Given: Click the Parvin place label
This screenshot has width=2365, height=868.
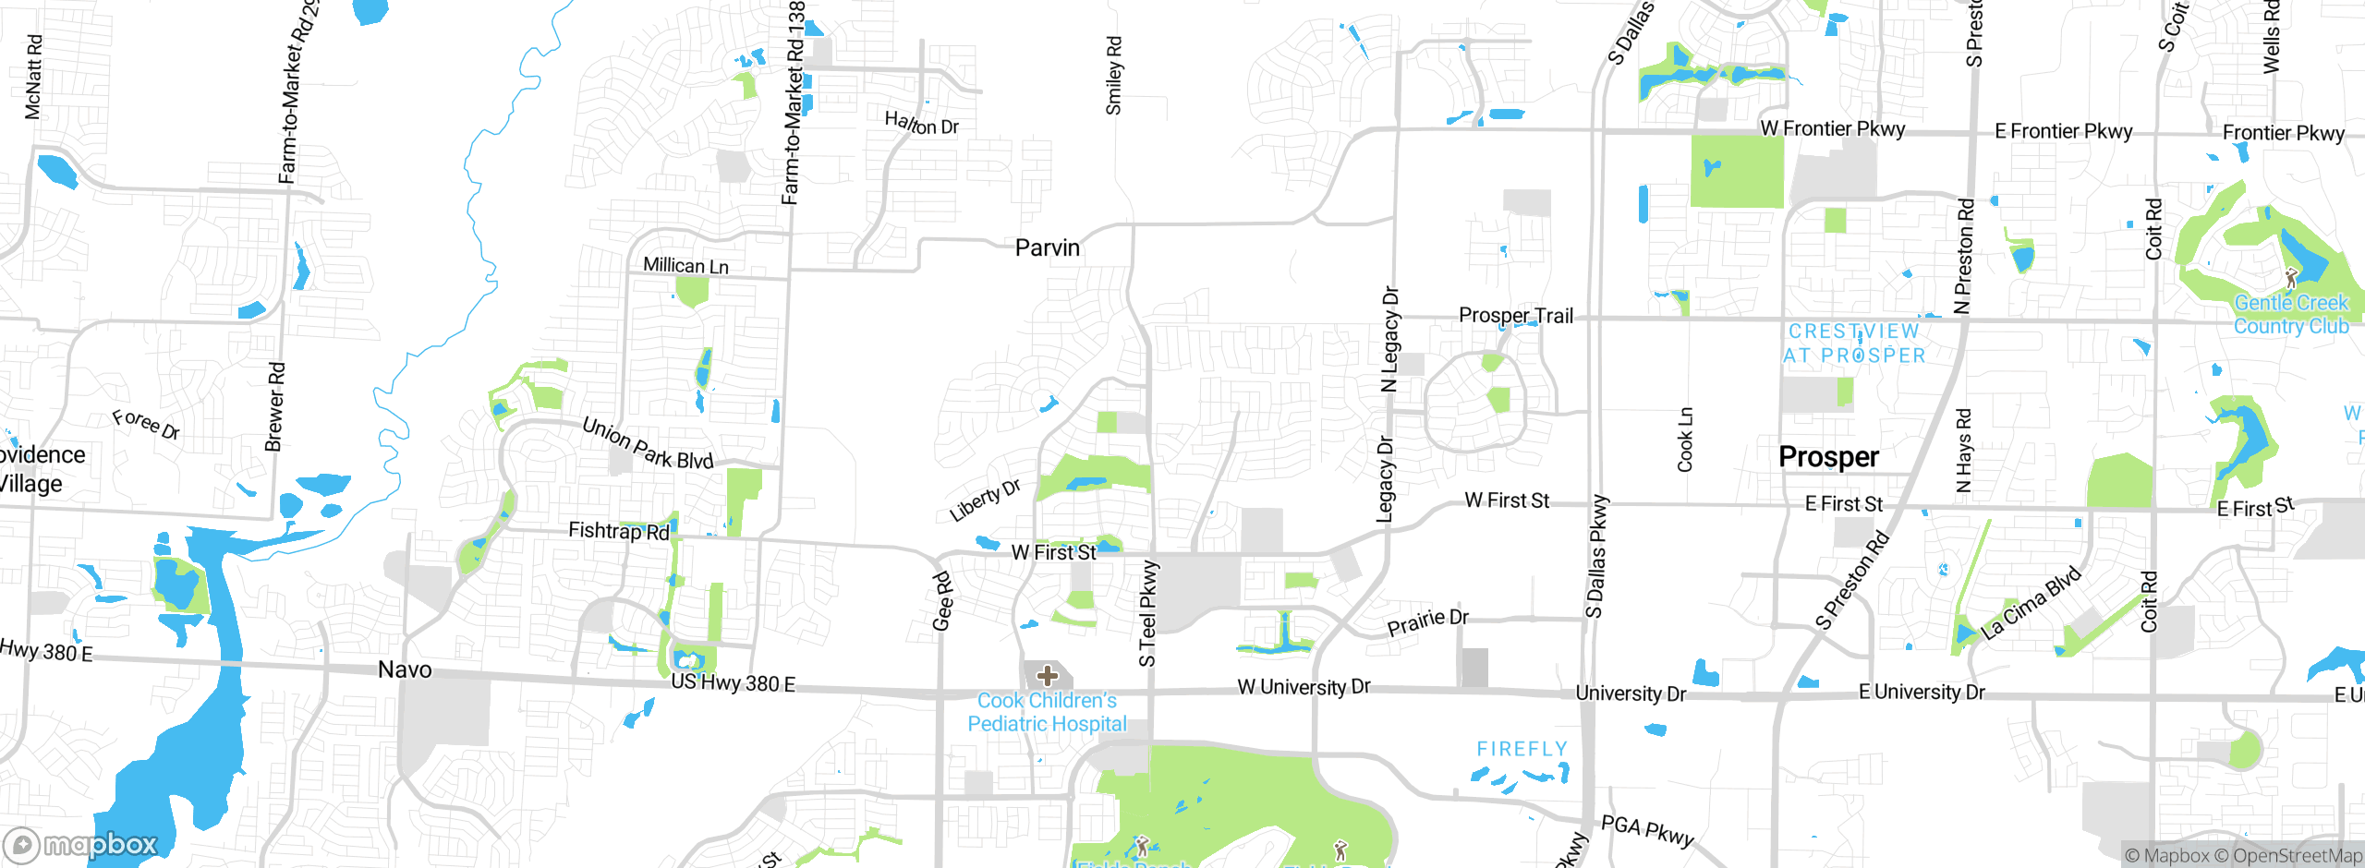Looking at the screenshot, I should pyautogui.click(x=1047, y=247).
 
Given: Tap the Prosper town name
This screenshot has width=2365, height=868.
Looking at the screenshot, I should pyautogui.click(x=1828, y=457).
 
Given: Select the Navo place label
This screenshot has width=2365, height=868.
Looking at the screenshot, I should pyautogui.click(x=405, y=669).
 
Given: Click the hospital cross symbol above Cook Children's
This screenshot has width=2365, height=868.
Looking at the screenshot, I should pyautogui.click(x=1048, y=676).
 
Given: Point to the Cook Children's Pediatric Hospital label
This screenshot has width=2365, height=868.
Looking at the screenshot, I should pyautogui.click(x=1047, y=713).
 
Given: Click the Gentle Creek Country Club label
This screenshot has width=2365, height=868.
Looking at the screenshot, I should pyautogui.click(x=2291, y=315).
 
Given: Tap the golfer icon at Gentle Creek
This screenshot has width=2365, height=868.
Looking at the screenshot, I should pyautogui.click(x=2291, y=278).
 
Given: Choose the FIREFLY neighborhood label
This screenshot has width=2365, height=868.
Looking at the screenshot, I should pyautogui.click(x=1522, y=749).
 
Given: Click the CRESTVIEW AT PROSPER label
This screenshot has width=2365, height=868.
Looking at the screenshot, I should pyautogui.click(x=1854, y=344).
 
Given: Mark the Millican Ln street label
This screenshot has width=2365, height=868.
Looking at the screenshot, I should pyautogui.click(x=685, y=266).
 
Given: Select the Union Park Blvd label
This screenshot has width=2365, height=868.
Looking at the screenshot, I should pyautogui.click(x=648, y=443).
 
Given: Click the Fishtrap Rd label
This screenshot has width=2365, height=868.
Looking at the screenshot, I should pyautogui.click(x=618, y=531).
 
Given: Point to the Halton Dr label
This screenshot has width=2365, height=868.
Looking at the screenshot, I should pyautogui.click(x=921, y=123).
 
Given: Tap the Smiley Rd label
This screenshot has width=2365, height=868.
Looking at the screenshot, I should pyautogui.click(x=1114, y=76).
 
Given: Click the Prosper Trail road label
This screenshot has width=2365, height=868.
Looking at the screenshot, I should pyautogui.click(x=1515, y=316).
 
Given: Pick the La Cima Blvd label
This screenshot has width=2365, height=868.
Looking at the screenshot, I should pyautogui.click(x=2031, y=603).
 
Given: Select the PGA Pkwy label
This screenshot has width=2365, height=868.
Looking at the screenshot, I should pyautogui.click(x=1647, y=831).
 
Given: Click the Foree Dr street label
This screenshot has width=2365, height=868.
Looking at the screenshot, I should pyautogui.click(x=146, y=425).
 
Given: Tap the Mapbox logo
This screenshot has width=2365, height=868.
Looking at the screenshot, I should pyautogui.click(x=81, y=845).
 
